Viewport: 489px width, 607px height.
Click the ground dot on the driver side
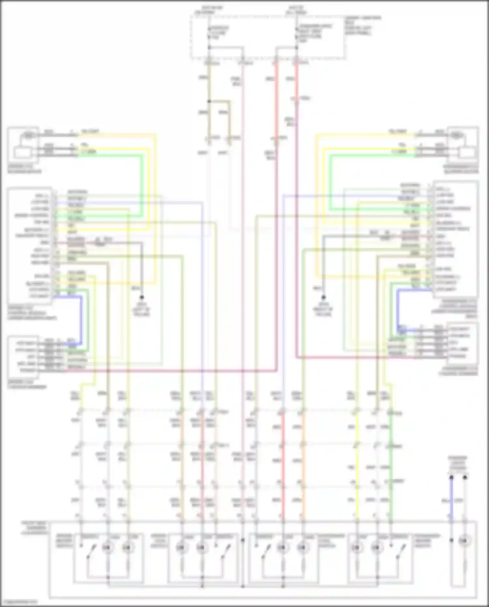(x=142, y=297)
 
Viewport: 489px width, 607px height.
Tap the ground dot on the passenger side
(x=323, y=297)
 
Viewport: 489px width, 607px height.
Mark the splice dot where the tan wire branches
(x=209, y=101)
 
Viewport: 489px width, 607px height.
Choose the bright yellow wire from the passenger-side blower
(x=323, y=183)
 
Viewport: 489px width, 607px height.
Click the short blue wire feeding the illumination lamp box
(x=451, y=499)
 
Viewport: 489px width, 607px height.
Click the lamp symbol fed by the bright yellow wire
(x=357, y=548)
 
